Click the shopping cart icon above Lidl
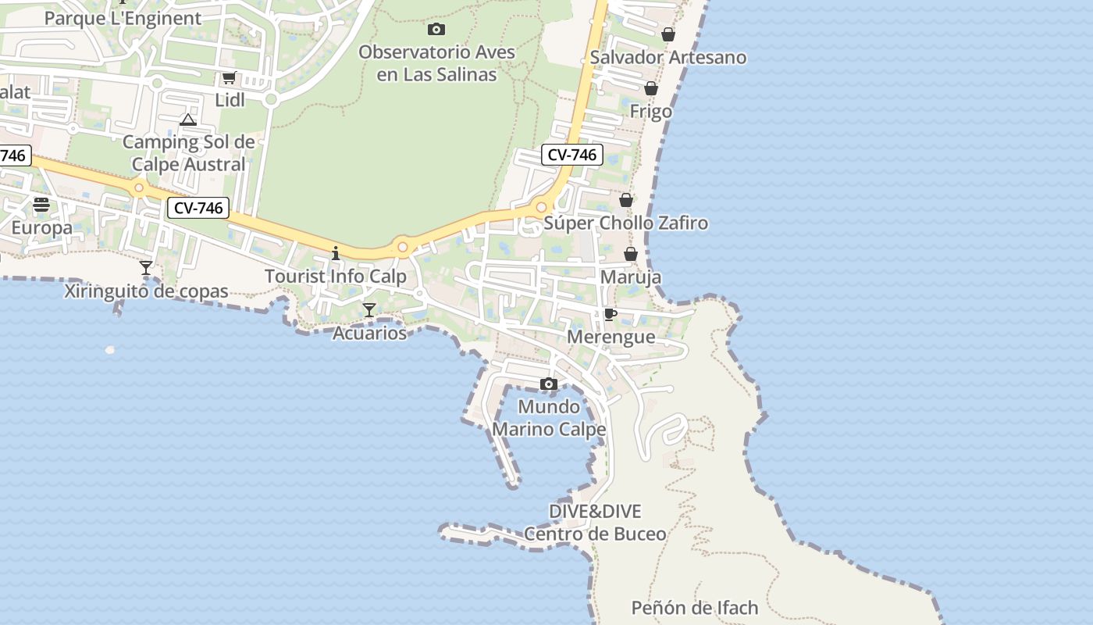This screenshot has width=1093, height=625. tap(229, 77)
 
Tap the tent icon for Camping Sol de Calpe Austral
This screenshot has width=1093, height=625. tap(187, 120)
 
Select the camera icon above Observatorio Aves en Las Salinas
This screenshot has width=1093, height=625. tap(436, 30)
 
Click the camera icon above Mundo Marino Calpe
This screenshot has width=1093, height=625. tap(549, 384)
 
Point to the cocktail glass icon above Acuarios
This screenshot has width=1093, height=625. tap(369, 310)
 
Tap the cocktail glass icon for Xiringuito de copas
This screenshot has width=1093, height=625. tap(146, 268)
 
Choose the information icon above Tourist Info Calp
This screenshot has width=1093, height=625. tap(336, 253)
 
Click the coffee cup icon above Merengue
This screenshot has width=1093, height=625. tap(611, 314)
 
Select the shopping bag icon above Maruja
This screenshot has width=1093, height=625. tap(631, 254)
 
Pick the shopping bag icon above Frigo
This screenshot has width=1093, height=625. tap(651, 88)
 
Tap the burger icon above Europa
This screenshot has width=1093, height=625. tap(41, 205)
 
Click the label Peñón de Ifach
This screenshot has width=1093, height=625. tap(694, 607)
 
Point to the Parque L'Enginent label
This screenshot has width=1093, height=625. tap(123, 18)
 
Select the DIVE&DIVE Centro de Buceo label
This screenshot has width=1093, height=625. tap(595, 523)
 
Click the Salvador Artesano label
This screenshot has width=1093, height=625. tap(668, 57)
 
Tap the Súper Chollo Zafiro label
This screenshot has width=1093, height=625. tap(625, 223)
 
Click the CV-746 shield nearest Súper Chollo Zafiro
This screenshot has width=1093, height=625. tap(571, 155)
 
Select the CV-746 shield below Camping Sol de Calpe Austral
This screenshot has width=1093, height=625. tap(198, 208)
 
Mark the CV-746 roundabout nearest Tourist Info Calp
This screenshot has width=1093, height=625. tap(403, 247)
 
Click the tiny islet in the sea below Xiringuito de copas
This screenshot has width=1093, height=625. tap(110, 350)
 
